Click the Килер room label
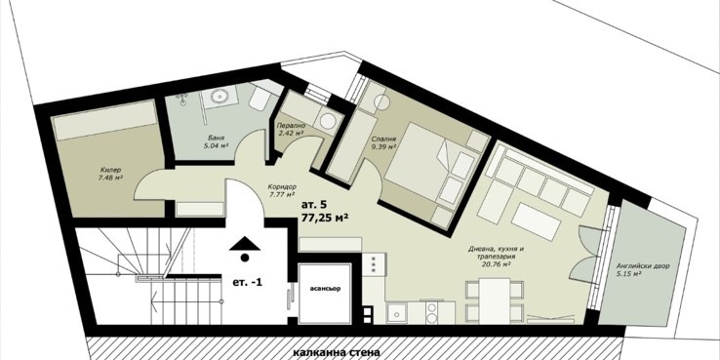tap(110, 170)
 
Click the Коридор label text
tap(282, 187)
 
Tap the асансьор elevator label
tap(325, 289)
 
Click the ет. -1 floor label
tap(248, 282)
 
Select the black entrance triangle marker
tap(245, 244)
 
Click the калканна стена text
tap(337, 352)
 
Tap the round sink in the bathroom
tap(220, 97)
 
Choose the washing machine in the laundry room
tap(328, 122)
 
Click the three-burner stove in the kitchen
tap(374, 264)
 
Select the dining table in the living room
tap(495, 300)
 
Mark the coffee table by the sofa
tap(536, 222)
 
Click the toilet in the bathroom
tap(259, 99)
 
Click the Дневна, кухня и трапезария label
tap(495, 257)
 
